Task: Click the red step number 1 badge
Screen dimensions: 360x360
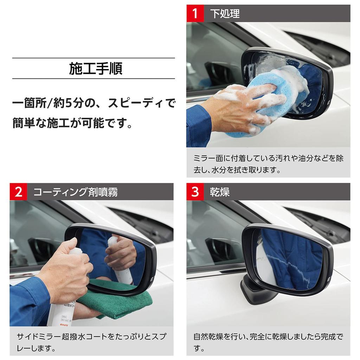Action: tap(194, 13)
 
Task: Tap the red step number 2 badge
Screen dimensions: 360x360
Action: tap(18, 192)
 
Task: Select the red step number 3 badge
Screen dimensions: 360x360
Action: tap(194, 192)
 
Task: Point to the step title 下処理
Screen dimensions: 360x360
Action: tap(225, 13)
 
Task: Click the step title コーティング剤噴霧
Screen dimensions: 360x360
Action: tap(75, 192)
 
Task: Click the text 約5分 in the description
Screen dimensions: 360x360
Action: tap(70, 104)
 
